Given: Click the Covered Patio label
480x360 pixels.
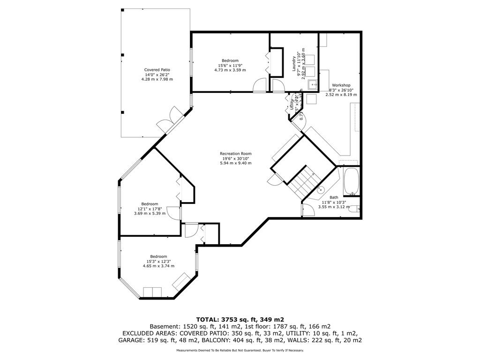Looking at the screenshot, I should click(x=157, y=70).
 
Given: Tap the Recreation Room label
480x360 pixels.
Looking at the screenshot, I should click(x=236, y=153).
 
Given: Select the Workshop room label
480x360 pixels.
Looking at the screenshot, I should click(x=341, y=85).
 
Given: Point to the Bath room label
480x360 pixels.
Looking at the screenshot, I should click(x=333, y=197).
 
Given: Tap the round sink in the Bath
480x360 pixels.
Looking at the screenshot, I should click(x=321, y=189).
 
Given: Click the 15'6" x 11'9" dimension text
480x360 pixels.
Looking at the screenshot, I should click(x=230, y=65).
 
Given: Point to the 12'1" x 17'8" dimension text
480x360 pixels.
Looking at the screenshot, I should click(x=150, y=209).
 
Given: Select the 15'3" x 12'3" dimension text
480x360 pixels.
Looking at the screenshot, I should click(x=158, y=261).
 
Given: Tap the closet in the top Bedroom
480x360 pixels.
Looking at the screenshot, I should click(x=277, y=62).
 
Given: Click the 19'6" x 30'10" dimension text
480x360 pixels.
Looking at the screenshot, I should click(x=236, y=158).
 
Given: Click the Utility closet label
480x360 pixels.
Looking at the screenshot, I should click(x=292, y=105).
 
